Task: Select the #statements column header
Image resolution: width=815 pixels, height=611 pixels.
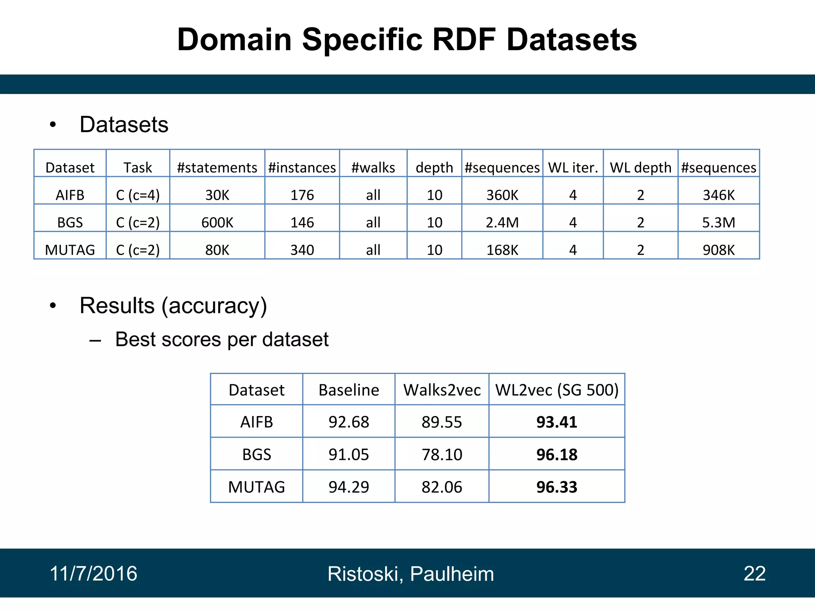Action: click(217, 167)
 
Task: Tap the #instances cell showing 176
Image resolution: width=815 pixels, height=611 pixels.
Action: click(302, 195)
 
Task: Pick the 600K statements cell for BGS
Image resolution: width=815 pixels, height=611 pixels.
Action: click(217, 222)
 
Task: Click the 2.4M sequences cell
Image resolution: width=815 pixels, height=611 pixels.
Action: click(502, 222)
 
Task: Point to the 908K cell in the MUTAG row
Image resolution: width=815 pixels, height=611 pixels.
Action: click(718, 250)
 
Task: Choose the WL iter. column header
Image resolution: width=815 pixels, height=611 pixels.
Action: click(573, 167)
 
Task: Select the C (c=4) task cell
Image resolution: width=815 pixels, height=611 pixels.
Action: click(138, 195)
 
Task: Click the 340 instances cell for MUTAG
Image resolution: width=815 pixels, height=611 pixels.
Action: click(302, 250)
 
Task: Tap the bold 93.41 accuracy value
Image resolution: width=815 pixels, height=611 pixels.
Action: click(556, 422)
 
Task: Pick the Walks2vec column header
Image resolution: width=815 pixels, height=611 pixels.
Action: click(442, 390)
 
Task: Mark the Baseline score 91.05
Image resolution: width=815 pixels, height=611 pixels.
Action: click(349, 454)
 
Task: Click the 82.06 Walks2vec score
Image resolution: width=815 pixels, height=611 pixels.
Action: click(442, 487)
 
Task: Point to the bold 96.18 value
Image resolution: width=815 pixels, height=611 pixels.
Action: click(556, 454)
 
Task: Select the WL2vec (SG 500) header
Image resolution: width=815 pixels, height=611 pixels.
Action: click(556, 390)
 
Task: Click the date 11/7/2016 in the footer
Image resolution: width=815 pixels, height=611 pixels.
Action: click(94, 574)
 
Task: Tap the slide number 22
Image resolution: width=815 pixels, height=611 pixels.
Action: click(755, 574)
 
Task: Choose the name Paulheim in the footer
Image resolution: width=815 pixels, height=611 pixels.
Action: click(452, 574)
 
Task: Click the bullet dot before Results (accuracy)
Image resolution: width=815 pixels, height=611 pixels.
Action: click(53, 306)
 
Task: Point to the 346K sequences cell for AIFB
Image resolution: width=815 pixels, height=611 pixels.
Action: click(718, 195)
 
